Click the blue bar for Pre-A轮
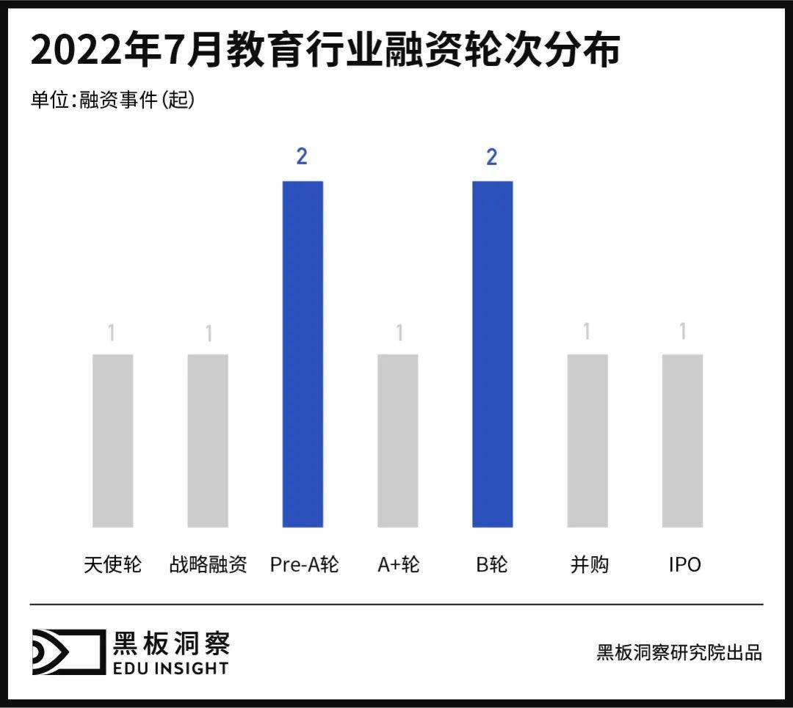tap(303, 354)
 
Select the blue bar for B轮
tap(492, 354)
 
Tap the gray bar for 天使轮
tap(112, 440)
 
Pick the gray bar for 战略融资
tap(208, 440)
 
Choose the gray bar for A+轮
tap(398, 440)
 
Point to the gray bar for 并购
tap(587, 440)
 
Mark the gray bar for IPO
tap(682, 440)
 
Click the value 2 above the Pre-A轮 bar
tap(302, 156)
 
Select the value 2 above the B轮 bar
tap(492, 156)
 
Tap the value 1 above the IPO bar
tap(683, 332)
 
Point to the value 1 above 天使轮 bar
tap(112, 333)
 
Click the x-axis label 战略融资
tap(208, 564)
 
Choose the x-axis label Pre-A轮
tap(304, 564)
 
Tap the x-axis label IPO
tap(684, 564)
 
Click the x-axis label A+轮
tap(399, 564)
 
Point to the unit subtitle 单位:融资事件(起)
tap(112, 100)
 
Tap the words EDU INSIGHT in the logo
tap(170, 668)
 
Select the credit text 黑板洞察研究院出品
tap(679, 652)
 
